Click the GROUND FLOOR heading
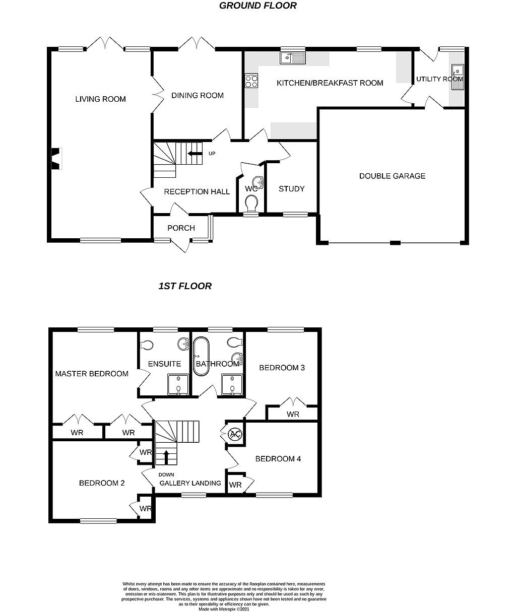click(x=257, y=6)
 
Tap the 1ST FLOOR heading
click(x=185, y=286)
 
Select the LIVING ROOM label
click(x=101, y=99)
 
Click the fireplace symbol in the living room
click(x=57, y=159)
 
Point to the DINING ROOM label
click(x=198, y=95)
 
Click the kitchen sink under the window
click(x=293, y=58)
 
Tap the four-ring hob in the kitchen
click(x=251, y=81)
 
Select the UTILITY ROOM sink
click(x=458, y=77)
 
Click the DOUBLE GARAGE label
click(x=392, y=176)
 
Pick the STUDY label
click(x=291, y=189)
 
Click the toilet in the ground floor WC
click(x=251, y=203)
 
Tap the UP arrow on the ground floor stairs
click(x=195, y=154)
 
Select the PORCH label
click(x=181, y=228)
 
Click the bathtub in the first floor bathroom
click(x=201, y=356)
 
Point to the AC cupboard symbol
click(x=235, y=434)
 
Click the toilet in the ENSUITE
click(x=147, y=345)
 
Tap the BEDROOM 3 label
click(x=282, y=368)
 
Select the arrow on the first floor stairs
click(x=166, y=457)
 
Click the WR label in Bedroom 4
click(x=235, y=485)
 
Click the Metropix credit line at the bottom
click(x=224, y=609)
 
